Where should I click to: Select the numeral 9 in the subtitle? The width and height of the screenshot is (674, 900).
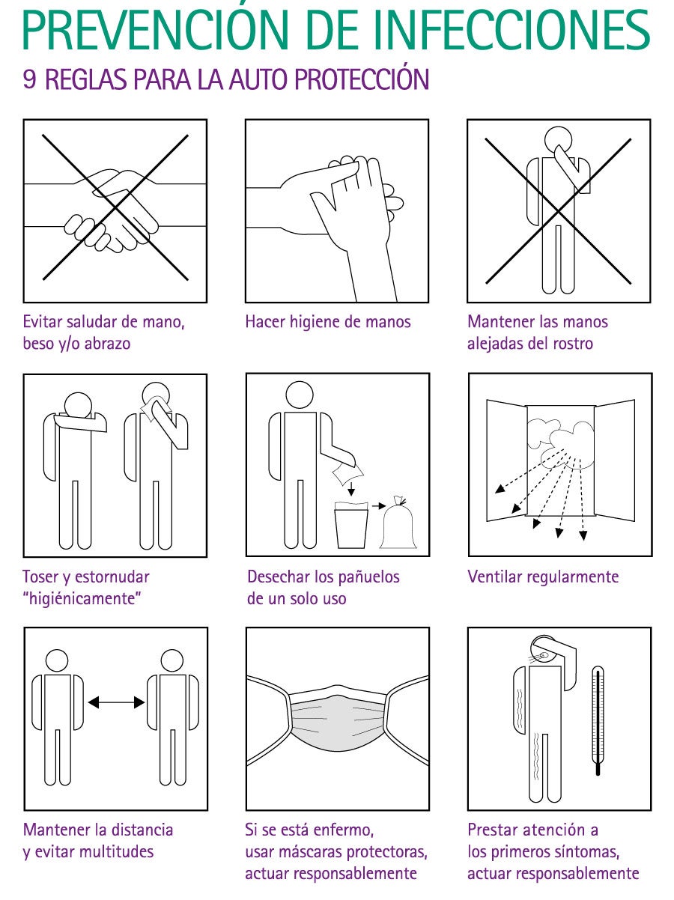point(29,79)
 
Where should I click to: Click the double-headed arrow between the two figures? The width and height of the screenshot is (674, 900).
point(116,702)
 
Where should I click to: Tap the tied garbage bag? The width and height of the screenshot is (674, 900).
point(398,523)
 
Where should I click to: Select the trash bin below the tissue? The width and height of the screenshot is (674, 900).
point(351,525)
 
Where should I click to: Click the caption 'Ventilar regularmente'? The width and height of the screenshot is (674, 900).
point(543,577)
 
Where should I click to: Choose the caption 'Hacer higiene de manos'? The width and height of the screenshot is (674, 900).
point(328,322)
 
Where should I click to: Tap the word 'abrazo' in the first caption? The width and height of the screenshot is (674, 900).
point(107,344)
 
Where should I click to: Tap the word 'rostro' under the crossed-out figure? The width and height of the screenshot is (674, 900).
point(573,344)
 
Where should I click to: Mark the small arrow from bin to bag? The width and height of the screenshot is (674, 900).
point(379,505)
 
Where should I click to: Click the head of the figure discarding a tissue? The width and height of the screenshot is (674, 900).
point(300,395)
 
